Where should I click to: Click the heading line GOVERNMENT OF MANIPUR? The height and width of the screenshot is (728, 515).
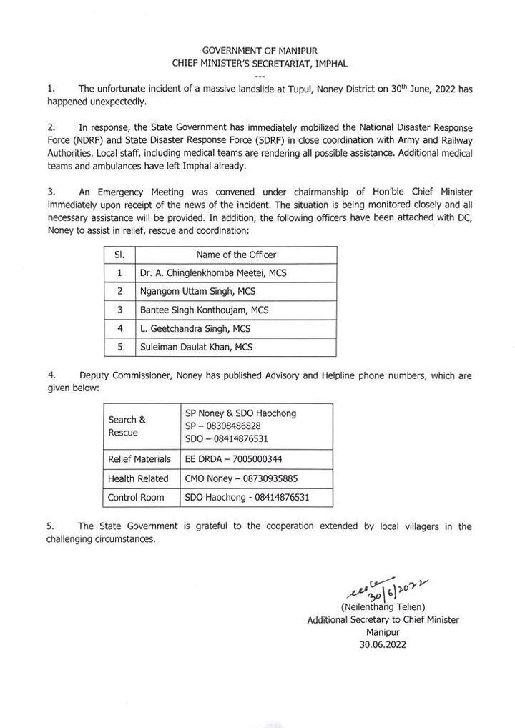point(260,51)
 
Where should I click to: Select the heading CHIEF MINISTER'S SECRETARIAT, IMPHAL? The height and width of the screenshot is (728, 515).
point(260,64)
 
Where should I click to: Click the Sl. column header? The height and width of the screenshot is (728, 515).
point(119,255)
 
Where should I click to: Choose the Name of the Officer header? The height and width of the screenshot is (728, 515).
point(236,255)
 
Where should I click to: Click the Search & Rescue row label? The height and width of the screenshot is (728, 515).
point(127,426)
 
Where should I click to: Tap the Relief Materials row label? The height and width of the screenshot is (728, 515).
point(139,459)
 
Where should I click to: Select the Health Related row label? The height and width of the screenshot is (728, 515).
point(138,478)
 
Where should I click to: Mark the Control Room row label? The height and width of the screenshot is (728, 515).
point(136,497)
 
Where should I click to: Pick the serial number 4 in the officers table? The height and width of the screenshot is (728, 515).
point(119,329)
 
